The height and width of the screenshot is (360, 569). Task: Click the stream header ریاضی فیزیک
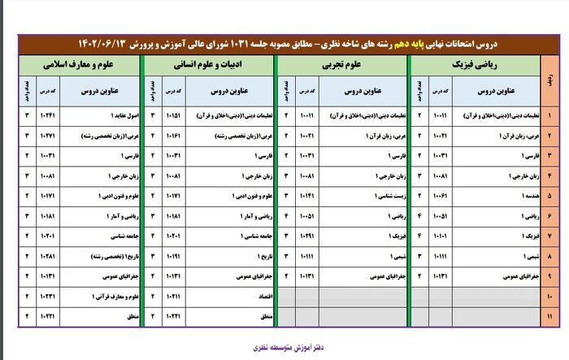(476, 62)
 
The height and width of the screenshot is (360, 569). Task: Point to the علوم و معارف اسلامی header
(77, 62)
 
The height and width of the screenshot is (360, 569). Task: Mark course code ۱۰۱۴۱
(306, 195)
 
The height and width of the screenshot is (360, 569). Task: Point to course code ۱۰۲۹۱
(306, 236)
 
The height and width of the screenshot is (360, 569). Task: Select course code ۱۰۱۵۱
(172, 115)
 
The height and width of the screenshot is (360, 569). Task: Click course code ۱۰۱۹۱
(172, 257)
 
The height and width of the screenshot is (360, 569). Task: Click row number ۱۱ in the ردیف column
(550, 316)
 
